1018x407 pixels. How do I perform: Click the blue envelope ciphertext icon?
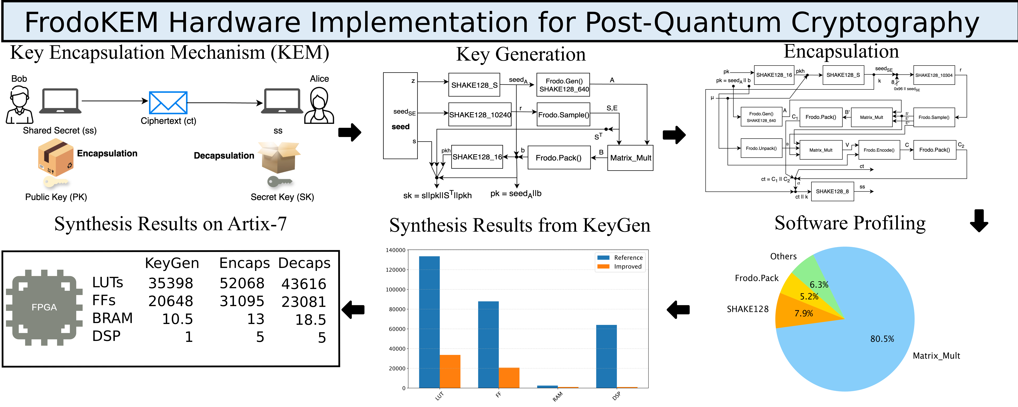168,103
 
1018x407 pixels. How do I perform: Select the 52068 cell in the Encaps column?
242,283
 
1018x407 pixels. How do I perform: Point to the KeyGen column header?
172,263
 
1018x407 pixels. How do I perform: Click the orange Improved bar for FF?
509,377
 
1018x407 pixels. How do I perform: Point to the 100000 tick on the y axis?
395,290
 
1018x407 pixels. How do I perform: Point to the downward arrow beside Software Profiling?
979,220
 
